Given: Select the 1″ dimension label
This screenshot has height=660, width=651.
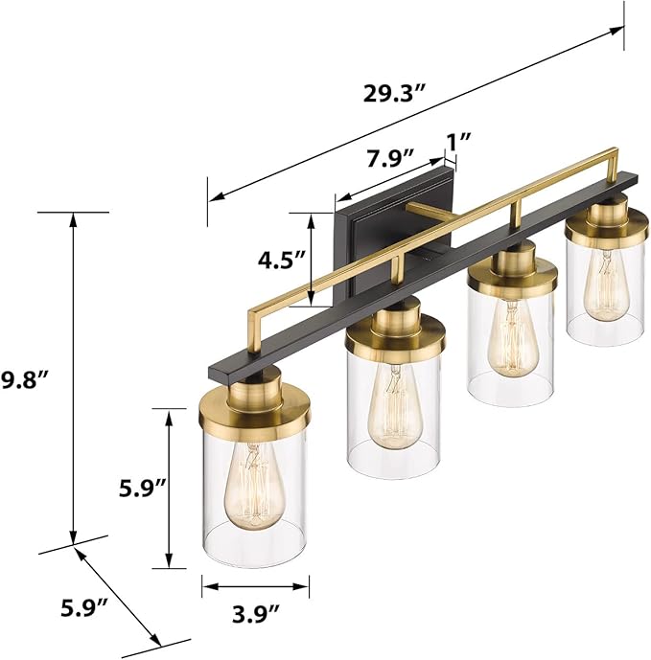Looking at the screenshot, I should click(x=458, y=139).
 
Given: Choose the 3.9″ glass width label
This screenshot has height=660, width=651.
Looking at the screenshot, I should click(x=256, y=610).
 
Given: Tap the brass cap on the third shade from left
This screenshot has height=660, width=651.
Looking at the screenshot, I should click(x=512, y=271).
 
